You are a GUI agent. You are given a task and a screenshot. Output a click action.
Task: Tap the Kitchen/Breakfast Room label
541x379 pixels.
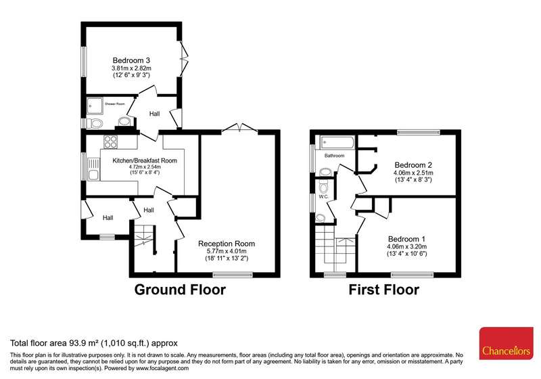[x=145, y=160]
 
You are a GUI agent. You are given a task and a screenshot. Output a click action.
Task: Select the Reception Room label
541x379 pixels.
[x=227, y=244]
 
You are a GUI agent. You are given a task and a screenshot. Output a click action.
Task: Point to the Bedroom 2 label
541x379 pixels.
[x=413, y=165]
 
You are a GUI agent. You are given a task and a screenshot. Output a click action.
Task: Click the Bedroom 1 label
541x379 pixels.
[x=407, y=239]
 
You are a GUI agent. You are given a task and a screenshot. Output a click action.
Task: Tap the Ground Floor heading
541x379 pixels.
[x=180, y=289]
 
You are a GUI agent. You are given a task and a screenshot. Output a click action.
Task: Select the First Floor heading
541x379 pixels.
[x=383, y=289]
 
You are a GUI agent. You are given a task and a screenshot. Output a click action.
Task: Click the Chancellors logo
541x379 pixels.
[x=506, y=343]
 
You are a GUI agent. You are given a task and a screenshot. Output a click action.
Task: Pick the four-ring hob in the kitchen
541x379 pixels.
[x=111, y=142]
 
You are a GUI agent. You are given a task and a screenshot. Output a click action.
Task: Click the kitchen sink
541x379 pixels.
[x=93, y=169]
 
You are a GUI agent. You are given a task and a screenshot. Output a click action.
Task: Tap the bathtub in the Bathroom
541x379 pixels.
[x=337, y=143]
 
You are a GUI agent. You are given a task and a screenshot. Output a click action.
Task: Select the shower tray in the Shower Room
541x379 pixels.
[x=95, y=106]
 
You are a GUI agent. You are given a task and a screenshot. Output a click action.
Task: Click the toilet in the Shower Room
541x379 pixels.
[x=95, y=123]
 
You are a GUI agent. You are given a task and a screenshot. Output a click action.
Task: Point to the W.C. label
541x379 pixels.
[x=324, y=197]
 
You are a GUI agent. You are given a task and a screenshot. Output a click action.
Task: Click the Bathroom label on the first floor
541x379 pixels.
[x=334, y=156]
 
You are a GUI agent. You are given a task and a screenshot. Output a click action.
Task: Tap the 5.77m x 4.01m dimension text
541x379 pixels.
[x=227, y=251]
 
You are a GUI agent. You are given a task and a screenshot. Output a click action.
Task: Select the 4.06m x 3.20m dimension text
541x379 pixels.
[x=407, y=246]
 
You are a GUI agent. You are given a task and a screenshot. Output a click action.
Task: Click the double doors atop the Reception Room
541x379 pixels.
[x=240, y=128]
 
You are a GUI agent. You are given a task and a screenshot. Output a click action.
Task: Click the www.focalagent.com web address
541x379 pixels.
[x=162, y=368]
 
